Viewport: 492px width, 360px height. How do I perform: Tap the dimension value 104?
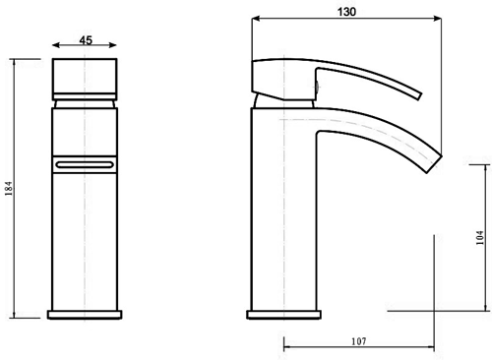tap(479, 237)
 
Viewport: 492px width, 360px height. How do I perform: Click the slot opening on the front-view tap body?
tap(85, 163)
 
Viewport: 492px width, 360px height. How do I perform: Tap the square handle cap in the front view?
tap(85, 76)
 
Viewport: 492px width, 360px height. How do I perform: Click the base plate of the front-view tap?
tap(85, 315)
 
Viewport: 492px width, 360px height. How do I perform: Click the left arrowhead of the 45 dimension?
tap(53, 43)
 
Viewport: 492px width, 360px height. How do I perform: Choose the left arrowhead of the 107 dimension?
tap(284, 346)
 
